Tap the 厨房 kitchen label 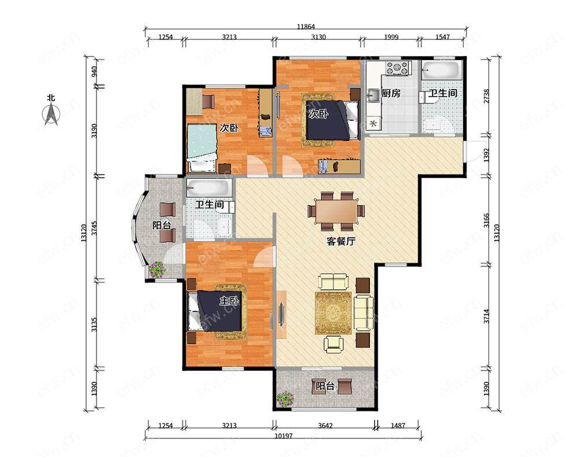pos(391,93)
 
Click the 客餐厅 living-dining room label pos(341,242)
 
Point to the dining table pos(336,211)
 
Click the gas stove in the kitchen pos(398,68)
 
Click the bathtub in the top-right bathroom pos(441,70)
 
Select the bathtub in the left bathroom pos(209,188)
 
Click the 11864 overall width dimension pos(306,27)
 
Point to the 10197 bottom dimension pos(283,436)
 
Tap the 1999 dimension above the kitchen pos(391,37)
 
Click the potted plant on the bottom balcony pos(285,399)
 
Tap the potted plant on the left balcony pos(157,270)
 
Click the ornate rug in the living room pos(333,313)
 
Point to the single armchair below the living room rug pos(334,344)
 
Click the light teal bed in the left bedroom pos(201,148)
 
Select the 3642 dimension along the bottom pos(325,426)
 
